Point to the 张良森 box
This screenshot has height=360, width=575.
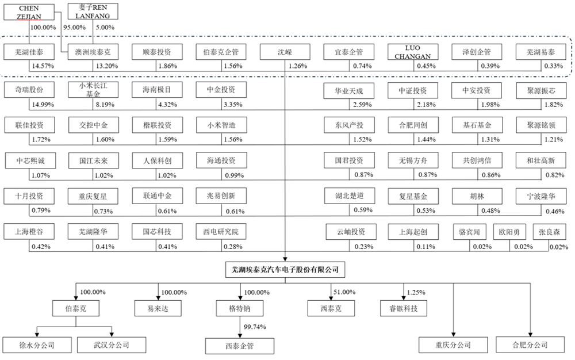click(x=550, y=232)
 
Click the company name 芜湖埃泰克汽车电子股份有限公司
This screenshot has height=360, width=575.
click(x=286, y=269)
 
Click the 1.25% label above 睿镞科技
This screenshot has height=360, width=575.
click(x=416, y=292)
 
